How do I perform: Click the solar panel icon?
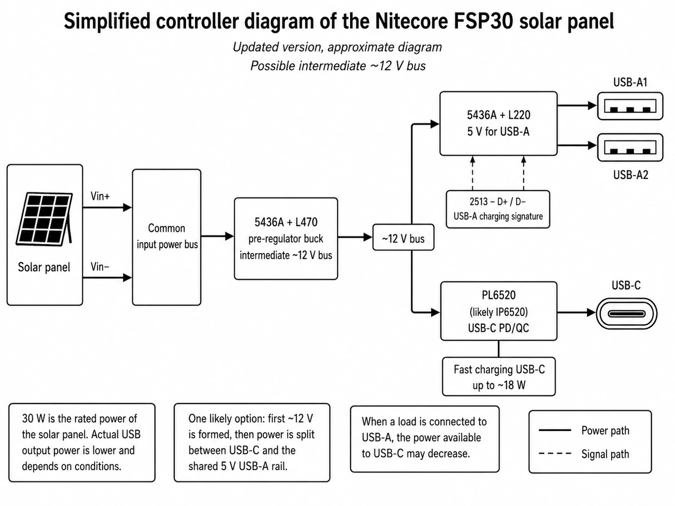click(44, 219)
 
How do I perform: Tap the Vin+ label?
click(100, 196)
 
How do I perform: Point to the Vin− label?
click(100, 266)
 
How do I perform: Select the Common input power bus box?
click(167, 237)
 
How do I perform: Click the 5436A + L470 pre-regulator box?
click(286, 239)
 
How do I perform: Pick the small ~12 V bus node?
click(403, 237)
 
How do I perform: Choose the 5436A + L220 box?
click(499, 124)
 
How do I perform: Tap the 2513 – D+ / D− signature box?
click(498, 209)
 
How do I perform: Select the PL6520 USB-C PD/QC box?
click(499, 311)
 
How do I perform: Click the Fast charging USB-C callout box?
click(499, 377)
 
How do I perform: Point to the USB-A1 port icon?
click(630, 106)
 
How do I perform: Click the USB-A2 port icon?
click(630, 148)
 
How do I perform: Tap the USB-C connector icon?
click(627, 314)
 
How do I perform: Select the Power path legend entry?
click(584, 431)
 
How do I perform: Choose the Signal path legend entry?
click(584, 454)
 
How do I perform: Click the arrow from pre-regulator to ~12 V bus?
click(355, 237)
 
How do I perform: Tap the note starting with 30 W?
click(82, 443)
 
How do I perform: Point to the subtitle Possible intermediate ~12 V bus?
click(337, 66)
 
